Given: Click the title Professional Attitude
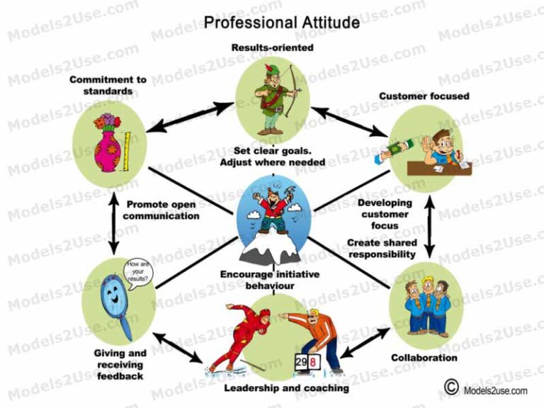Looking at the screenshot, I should (281, 23).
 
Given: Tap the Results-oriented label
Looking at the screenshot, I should (272, 47).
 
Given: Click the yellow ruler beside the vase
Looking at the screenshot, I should (128, 150).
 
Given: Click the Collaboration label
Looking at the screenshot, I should (424, 358).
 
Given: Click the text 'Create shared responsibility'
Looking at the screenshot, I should (381, 248).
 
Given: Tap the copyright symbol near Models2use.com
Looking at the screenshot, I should (450, 387).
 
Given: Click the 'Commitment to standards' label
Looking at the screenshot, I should (108, 85).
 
